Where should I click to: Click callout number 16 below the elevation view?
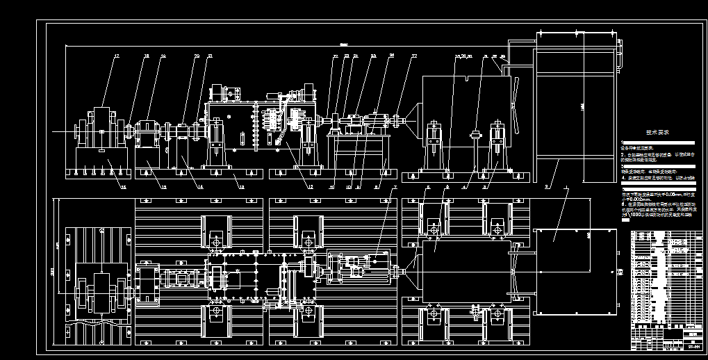[124, 186]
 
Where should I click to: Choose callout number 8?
[376, 186]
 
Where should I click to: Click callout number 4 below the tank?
[464, 186]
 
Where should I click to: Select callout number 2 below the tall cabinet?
[548, 186]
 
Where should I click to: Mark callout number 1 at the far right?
[566, 186]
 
